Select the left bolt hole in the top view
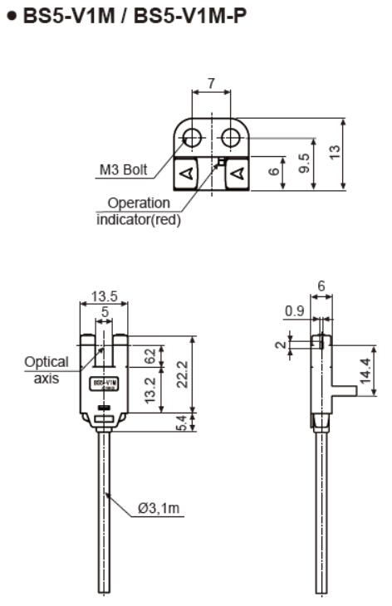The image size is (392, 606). tap(193, 135)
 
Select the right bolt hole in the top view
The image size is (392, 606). tap(229, 135)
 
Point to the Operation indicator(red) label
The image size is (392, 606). tap(139, 211)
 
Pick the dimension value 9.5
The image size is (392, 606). tap(304, 161)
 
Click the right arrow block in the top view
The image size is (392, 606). tap(238, 173)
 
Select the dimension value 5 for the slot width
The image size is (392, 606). tap(104, 312)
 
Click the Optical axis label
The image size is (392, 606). tap(46, 371)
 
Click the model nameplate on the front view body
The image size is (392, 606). tap(104, 384)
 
